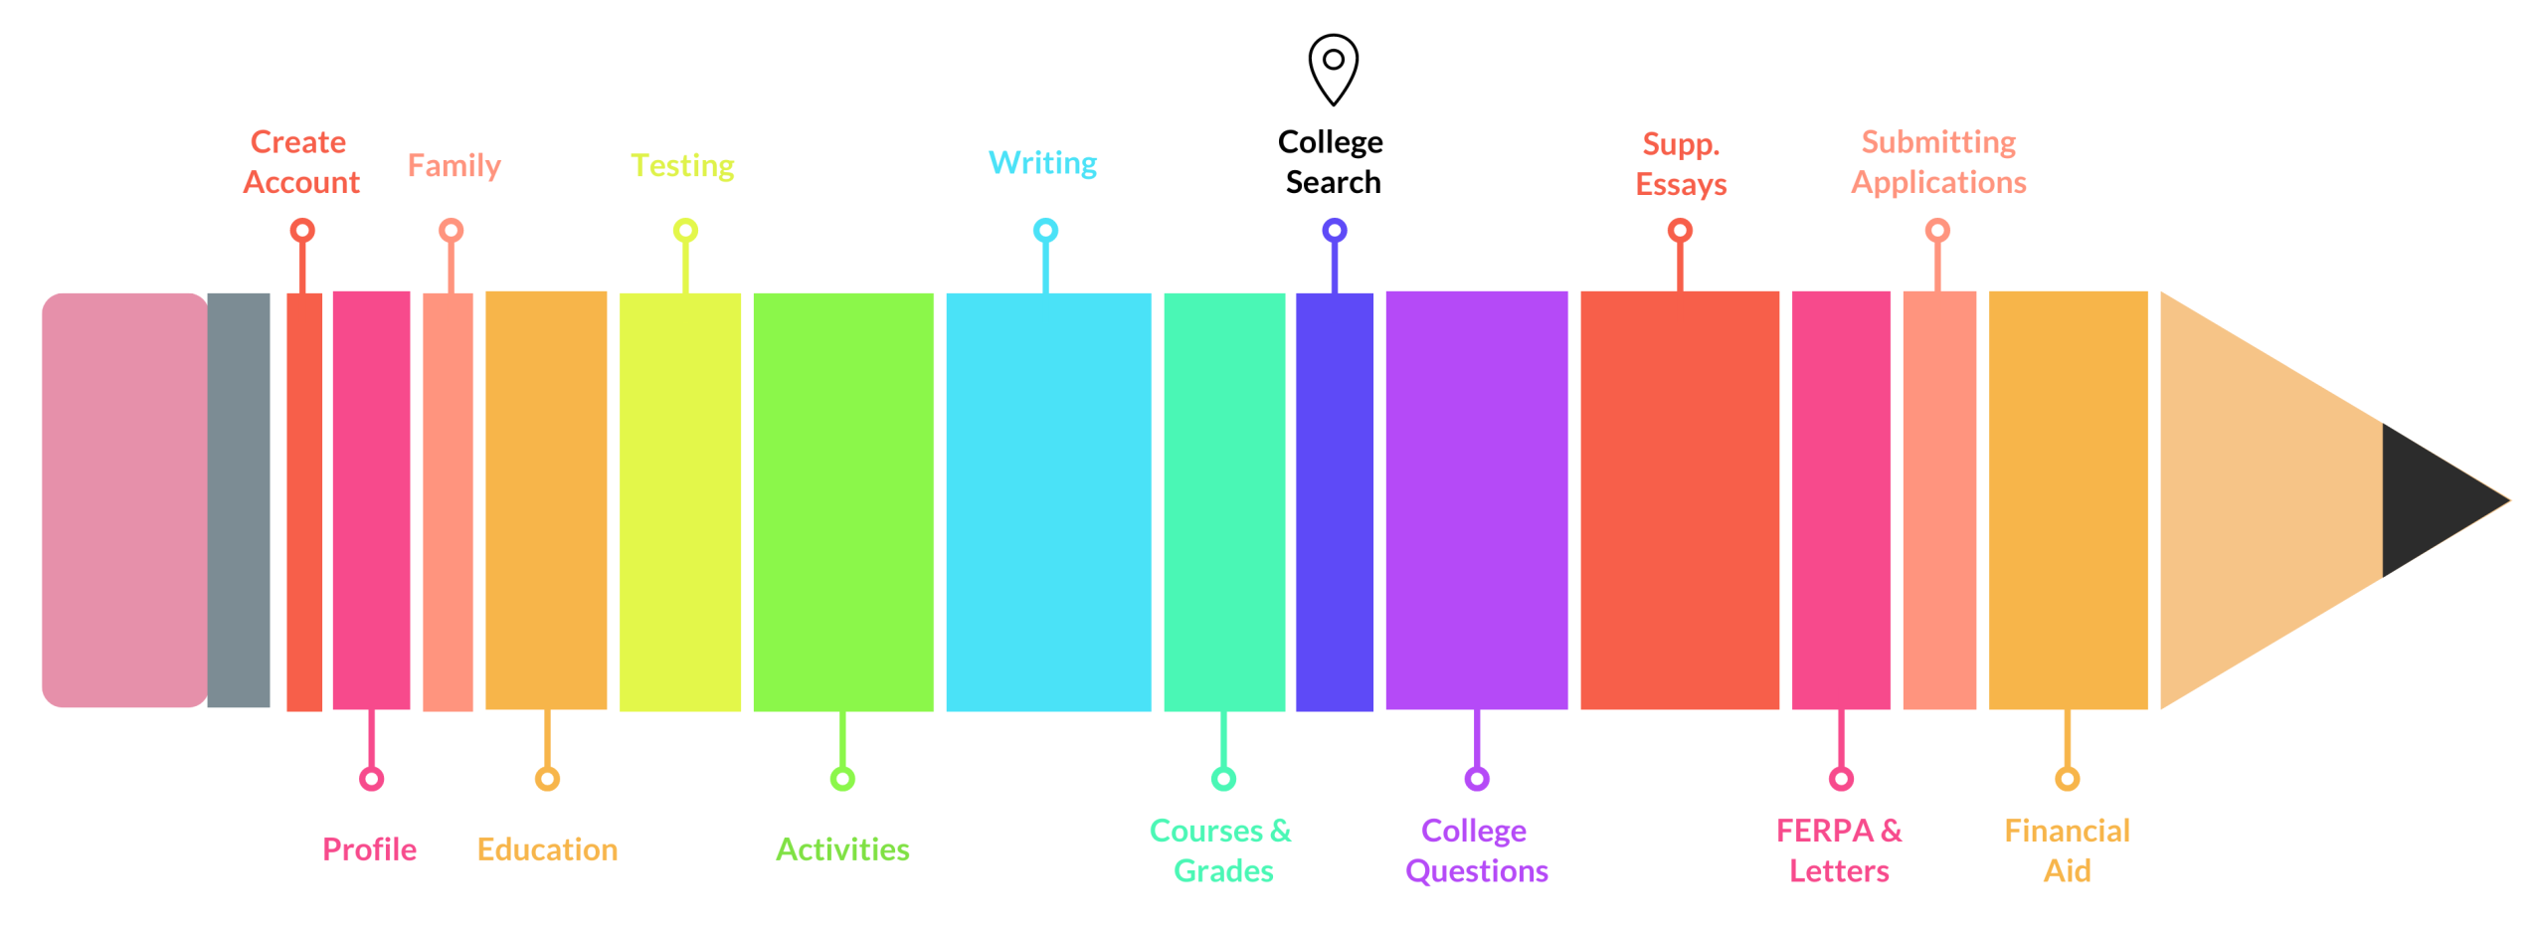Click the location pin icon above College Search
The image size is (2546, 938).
pos(1333,69)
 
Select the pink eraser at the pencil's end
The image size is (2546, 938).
pos(124,499)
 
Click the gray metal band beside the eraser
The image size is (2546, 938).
pos(239,499)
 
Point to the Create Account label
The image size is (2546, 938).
pos(300,162)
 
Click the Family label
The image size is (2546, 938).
pos(455,165)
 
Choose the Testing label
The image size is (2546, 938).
pos(682,165)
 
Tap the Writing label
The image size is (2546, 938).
pos(1042,162)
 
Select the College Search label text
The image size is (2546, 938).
pos(1331,162)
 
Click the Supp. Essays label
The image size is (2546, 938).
pos(1681,164)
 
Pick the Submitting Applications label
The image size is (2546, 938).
pos(1937,162)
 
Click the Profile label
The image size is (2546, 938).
pos(369,848)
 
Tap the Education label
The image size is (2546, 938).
pos(547,848)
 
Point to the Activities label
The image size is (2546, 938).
pos(842,848)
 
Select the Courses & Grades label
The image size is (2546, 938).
pos(1221,849)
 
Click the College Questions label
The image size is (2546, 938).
pos(1476,849)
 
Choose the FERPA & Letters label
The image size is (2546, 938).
pos(1839,849)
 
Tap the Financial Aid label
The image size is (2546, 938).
pos(2067,849)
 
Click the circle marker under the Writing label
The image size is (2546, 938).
pos(1045,231)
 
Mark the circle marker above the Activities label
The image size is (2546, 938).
pos(842,778)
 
